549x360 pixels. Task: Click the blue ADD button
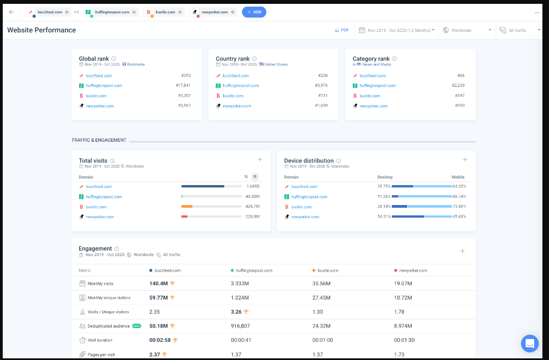254,12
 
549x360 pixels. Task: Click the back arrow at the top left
12,12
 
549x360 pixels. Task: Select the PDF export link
341,30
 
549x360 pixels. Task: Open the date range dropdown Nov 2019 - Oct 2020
397,30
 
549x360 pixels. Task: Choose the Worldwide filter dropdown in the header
466,30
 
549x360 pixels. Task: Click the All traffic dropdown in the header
517,30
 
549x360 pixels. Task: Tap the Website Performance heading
41,30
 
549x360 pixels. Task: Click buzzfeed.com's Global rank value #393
186,76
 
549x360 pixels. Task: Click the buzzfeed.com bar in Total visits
203,186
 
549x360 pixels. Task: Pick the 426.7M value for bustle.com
252,207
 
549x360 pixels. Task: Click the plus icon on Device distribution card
465,159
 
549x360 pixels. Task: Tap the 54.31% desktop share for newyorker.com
384,217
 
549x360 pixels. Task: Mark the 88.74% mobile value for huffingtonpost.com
459,196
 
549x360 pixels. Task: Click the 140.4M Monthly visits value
158,284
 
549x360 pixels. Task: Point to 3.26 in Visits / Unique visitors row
236,312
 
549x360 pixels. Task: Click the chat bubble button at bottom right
530,344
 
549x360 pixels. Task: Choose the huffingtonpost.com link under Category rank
378,86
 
